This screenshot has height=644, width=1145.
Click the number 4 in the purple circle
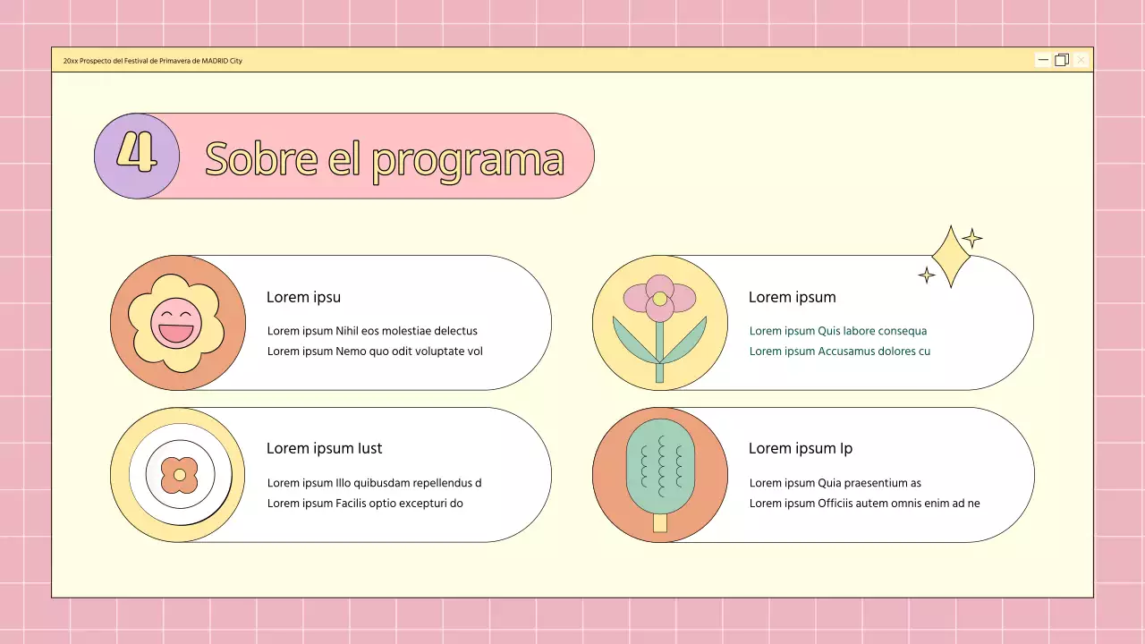pos(137,152)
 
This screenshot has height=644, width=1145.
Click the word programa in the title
pos(468,160)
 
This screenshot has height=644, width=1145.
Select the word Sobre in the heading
pos(261,158)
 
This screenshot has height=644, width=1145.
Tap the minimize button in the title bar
pos(1043,60)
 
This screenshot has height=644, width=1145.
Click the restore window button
pos(1062,60)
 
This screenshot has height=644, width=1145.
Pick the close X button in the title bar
pos(1081,60)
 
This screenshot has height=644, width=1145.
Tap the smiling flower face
pos(176,324)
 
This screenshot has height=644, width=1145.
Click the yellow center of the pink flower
pos(660,299)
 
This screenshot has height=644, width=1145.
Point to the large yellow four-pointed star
pos(951,257)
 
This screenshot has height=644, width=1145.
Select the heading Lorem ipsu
pos(303,297)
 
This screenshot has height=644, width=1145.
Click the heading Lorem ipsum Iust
pos(324,448)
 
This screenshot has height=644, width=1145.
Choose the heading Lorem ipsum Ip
pos(801,449)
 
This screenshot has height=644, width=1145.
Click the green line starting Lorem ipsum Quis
pos(838,331)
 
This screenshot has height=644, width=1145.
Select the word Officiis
pos(835,503)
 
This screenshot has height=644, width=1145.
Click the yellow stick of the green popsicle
pos(660,523)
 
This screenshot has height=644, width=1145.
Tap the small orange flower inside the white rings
pos(180,475)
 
